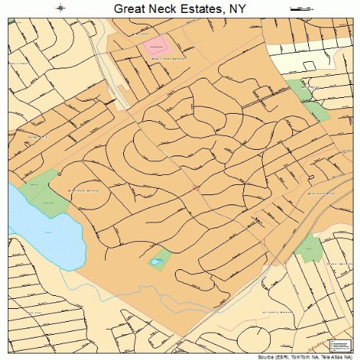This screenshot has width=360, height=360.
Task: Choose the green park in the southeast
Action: (x=310, y=248)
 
